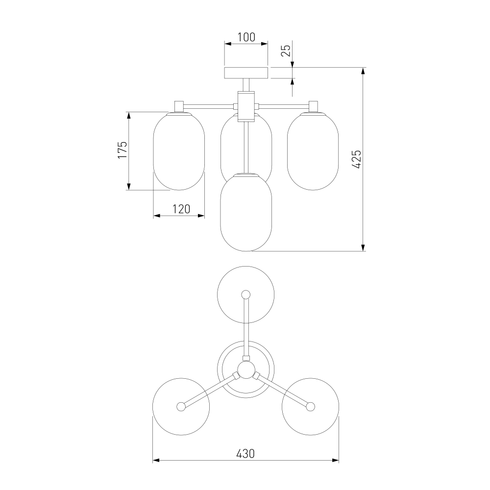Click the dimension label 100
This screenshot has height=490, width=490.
(246, 37)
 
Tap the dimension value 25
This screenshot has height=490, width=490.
(286, 50)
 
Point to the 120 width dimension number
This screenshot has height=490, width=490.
(181, 209)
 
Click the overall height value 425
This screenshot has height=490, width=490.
(357, 159)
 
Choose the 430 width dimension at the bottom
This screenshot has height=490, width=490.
(245, 453)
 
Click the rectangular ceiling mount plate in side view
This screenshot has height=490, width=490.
(246, 73)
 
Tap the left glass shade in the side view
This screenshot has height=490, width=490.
(179, 151)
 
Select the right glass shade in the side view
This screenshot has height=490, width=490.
(313, 151)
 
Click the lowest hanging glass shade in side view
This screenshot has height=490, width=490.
(246, 213)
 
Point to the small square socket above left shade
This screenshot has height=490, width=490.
(179, 106)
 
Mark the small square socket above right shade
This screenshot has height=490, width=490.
(314, 106)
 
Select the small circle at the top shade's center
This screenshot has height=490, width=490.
(246, 294)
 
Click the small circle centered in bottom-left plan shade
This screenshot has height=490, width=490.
(181, 407)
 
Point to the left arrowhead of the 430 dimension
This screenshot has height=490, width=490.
(156, 460)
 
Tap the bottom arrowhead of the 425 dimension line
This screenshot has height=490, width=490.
(363, 247)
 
